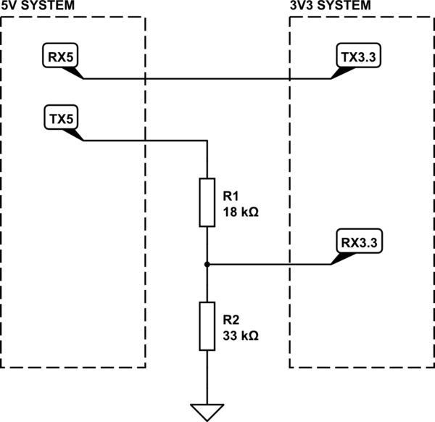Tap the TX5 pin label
[61, 117]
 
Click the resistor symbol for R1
[207, 202]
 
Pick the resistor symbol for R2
[207, 327]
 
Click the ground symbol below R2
[207, 412]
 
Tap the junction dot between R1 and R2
[207, 264]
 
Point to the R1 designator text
[231, 196]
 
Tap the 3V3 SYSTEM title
[329, 5]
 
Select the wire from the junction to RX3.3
[268, 264]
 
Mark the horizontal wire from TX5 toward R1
[145, 141]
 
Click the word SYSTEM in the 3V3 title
[345, 5]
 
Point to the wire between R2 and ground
[207, 377]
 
